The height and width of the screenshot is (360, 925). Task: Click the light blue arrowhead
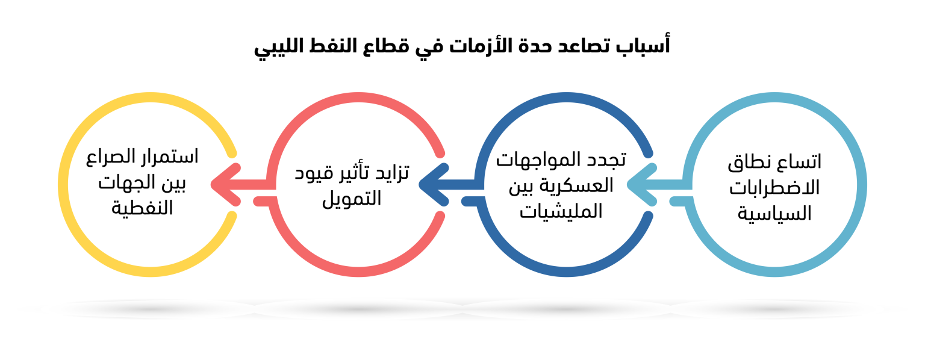pyautogui.click(x=642, y=185)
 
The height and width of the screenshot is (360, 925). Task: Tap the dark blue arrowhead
pyautogui.click(x=434, y=185)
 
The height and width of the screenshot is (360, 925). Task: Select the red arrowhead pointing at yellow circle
pyautogui.click(x=225, y=185)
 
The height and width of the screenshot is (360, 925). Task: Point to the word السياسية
pyautogui.click(x=774, y=214)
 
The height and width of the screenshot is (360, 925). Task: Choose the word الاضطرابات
pyautogui.click(x=774, y=188)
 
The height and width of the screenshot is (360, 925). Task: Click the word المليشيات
pyautogui.click(x=561, y=211)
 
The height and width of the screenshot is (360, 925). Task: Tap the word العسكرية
pyautogui.click(x=583, y=185)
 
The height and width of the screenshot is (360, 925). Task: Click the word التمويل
pyautogui.click(x=352, y=199)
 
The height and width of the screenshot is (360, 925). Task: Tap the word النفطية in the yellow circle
pyautogui.click(x=142, y=208)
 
